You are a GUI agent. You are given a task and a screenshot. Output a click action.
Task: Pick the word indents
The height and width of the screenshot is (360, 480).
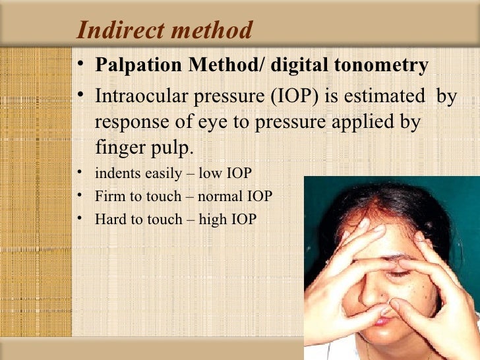click(117, 175)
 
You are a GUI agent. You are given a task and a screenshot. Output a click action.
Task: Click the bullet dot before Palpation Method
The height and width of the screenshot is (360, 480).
click(80, 65)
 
